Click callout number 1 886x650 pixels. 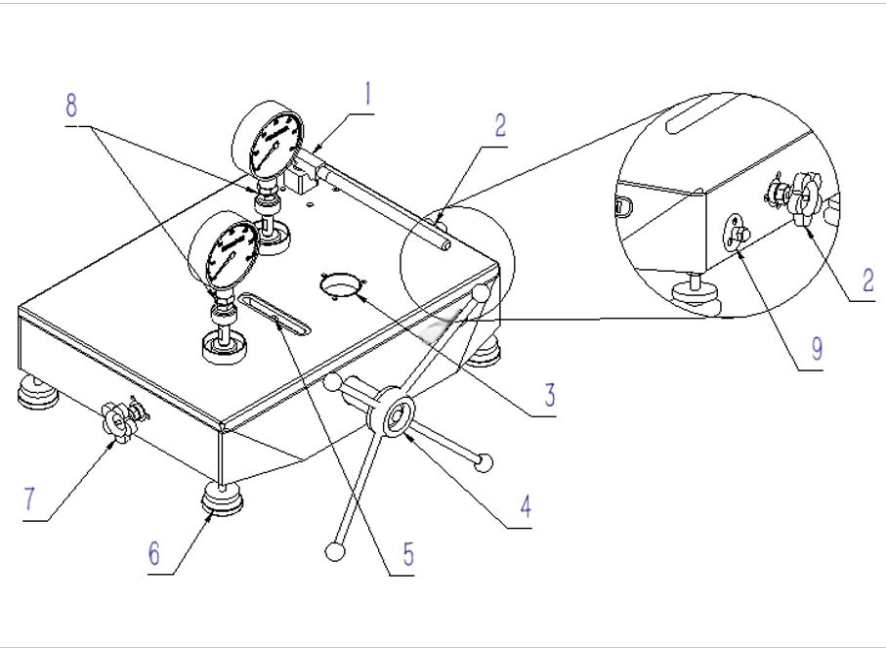pyautogui.click(x=367, y=95)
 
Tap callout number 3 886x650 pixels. pyautogui.click(x=550, y=396)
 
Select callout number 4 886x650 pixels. pyautogui.click(x=525, y=506)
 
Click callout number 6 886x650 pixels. pyautogui.click(x=153, y=553)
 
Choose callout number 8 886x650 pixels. pyautogui.click(x=71, y=107)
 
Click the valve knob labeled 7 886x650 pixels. pyautogui.click(x=118, y=422)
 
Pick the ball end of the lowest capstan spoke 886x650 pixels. pyautogui.click(x=335, y=552)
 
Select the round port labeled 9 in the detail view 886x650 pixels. pyautogui.click(x=733, y=233)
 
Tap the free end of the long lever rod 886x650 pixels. pyautogui.click(x=445, y=245)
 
